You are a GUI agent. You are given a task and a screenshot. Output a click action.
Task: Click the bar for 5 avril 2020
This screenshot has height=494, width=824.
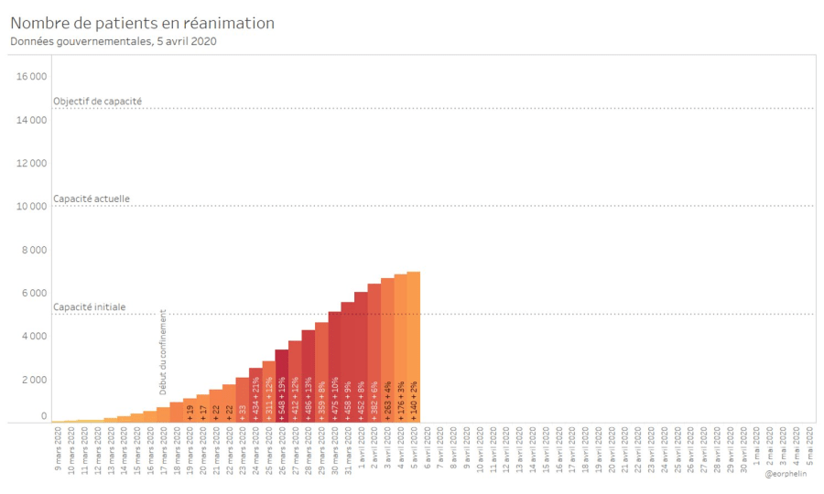414,348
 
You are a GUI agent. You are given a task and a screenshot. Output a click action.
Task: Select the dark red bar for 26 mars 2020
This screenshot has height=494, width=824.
282,384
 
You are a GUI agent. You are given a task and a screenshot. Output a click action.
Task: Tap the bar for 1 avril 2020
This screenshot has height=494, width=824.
361,357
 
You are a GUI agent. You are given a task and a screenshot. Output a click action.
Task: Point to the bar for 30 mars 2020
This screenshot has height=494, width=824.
335,366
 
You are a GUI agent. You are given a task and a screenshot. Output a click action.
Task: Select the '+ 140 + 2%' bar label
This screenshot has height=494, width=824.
414,400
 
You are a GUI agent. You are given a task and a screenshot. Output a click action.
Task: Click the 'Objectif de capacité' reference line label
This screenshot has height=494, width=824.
97,101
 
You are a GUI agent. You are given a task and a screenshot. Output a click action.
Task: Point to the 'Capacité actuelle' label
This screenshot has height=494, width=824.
92,199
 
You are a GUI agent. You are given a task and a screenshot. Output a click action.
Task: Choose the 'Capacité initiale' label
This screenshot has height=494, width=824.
90,307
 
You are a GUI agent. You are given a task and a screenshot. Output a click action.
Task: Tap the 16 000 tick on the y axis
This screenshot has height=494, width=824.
33,76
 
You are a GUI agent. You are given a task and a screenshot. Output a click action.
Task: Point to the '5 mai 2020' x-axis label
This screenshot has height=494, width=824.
809,453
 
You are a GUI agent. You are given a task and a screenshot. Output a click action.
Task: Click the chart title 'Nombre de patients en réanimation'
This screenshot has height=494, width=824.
142,23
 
